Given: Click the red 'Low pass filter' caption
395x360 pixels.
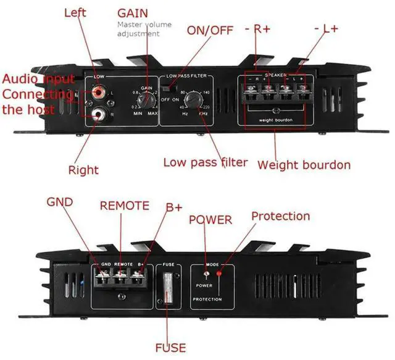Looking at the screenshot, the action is click(205, 163).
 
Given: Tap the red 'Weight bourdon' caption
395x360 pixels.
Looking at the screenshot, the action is click(304, 165).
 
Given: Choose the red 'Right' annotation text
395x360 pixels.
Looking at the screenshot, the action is click(83, 169).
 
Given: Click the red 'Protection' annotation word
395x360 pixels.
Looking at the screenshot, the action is click(280, 216).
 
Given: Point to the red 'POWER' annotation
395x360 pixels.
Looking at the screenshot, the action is click(210, 219).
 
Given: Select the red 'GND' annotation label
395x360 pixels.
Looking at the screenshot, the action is click(60, 202).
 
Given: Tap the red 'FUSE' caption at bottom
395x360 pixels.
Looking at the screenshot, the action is click(170, 348).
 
